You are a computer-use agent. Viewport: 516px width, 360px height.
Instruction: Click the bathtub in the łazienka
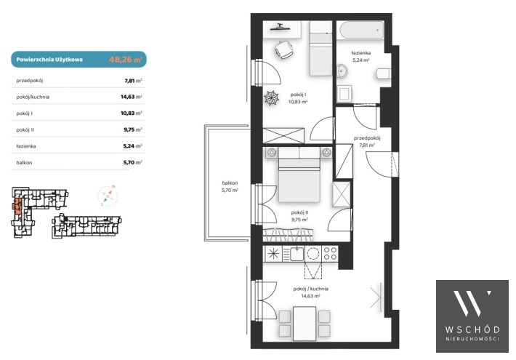pos(361,31)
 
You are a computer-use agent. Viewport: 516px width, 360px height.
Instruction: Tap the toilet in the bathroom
pos(383,73)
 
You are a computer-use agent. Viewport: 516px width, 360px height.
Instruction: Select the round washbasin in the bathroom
pos(342,71)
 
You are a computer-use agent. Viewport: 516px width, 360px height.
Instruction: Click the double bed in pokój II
pos(299,175)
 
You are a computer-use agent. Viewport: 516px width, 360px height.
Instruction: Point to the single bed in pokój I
pos(321,49)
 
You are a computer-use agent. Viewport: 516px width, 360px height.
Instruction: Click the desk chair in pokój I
pos(284,49)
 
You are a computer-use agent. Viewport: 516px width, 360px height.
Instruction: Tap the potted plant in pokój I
pos(272,98)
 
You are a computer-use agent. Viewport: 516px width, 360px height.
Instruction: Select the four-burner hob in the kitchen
pos(330,254)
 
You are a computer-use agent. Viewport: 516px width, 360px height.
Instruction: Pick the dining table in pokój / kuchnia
pos(305,324)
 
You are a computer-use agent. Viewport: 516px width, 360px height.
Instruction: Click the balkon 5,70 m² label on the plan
pos(230,186)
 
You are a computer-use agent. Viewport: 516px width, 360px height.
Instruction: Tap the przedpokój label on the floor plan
pos(367,138)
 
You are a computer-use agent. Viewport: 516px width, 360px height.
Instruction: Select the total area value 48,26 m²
pos(126,60)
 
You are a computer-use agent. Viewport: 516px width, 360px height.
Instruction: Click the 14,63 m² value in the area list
pos(132,97)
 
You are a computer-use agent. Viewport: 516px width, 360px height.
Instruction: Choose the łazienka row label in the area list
pos(26,146)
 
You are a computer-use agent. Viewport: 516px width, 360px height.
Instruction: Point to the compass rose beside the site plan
pos(108,196)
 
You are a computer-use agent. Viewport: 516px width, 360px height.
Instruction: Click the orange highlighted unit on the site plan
pos(17,207)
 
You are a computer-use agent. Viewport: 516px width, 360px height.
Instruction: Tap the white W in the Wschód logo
pos(472,303)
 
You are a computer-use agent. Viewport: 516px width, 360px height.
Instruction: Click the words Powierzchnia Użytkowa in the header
pos(49,60)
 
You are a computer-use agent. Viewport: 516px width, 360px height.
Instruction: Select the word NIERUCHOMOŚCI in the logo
pos(472,339)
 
